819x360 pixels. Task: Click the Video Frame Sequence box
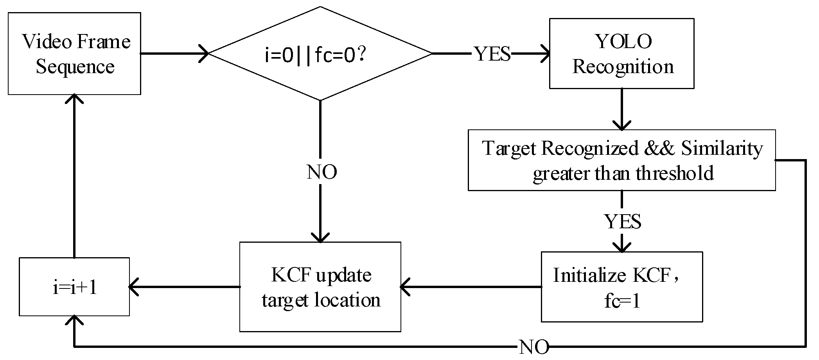pyautogui.click(x=74, y=54)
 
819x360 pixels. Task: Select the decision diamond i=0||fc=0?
pyautogui.click(x=320, y=54)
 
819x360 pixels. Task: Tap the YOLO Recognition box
pyautogui.click(x=621, y=54)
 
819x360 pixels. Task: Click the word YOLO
pyautogui.click(x=623, y=41)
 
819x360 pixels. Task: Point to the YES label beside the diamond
pyautogui.click(x=492, y=54)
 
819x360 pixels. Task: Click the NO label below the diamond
pyautogui.click(x=322, y=172)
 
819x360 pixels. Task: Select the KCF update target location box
pyautogui.click(x=320, y=287)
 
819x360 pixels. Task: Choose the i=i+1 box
pyautogui.click(x=74, y=287)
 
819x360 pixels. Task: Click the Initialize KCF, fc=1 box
pyautogui.click(x=621, y=287)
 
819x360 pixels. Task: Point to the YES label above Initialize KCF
pyautogui.click(x=623, y=222)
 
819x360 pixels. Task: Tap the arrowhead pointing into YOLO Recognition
pyautogui.click(x=546, y=54)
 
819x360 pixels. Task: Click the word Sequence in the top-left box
pyautogui.click(x=75, y=66)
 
